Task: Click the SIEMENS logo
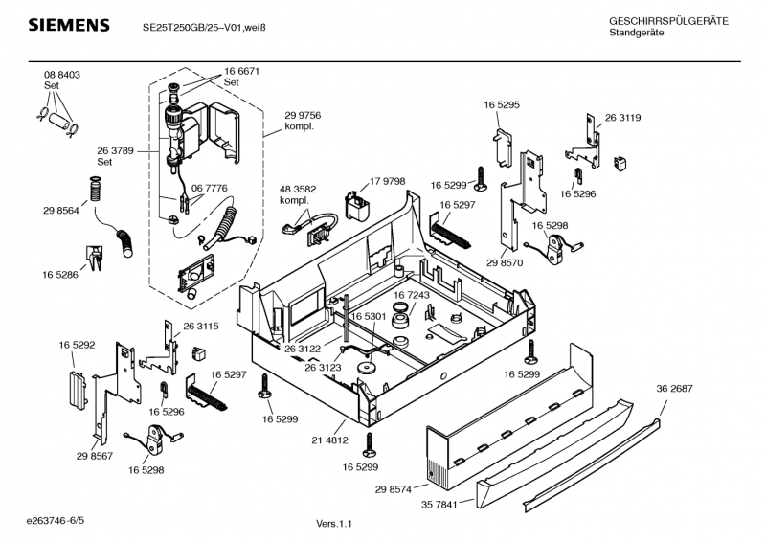click(69, 25)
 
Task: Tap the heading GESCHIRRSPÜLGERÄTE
click(668, 21)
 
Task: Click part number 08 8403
click(62, 75)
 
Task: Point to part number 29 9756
click(303, 115)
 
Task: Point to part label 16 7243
click(412, 296)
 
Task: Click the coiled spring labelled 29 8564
click(94, 190)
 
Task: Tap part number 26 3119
click(622, 118)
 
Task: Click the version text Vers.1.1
click(334, 524)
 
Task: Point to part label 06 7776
click(209, 189)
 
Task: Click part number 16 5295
click(502, 104)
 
